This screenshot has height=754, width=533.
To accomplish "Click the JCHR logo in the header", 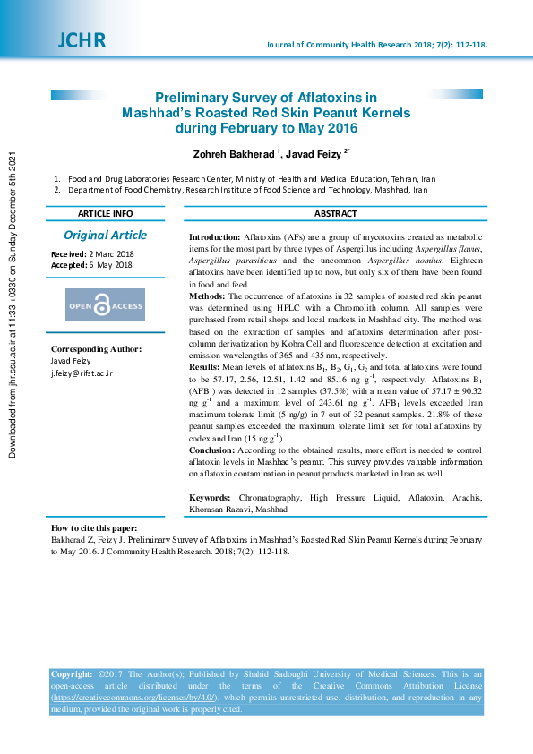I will tap(81, 40).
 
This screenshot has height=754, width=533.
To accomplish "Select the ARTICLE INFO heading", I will tap(105, 214).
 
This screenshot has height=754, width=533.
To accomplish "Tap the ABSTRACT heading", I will tap(335, 214).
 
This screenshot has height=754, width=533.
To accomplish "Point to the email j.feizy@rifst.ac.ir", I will tap(82, 373).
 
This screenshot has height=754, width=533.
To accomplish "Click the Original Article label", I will tap(105, 236).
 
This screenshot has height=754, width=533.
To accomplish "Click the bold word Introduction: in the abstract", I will tap(214, 236).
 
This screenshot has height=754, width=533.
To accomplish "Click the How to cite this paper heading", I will tap(94, 528).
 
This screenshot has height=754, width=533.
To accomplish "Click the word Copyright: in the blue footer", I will tap(72, 674).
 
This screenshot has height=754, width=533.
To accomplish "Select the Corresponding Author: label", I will tap(96, 349).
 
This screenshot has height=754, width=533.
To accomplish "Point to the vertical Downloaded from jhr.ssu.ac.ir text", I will tap(13, 304).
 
